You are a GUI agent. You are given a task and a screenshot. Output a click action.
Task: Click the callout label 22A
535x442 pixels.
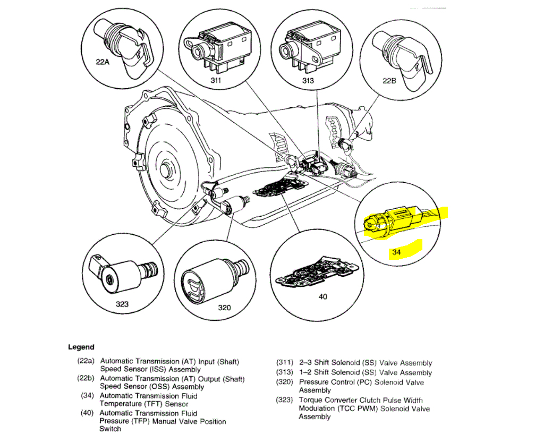click(x=103, y=62)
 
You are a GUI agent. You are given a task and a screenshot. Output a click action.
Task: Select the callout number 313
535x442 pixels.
click(x=308, y=80)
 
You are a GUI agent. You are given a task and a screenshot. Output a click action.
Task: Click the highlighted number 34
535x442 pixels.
click(x=396, y=253)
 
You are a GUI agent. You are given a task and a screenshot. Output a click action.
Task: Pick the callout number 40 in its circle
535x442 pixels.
click(x=322, y=296)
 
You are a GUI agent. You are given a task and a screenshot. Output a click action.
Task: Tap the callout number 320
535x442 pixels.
click(x=225, y=308)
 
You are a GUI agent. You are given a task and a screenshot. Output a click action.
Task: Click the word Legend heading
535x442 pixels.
click(x=81, y=347)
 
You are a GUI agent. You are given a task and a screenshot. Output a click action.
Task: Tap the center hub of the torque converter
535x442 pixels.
click(x=169, y=172)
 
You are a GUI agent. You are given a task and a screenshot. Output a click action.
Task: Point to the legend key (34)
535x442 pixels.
click(x=88, y=396)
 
